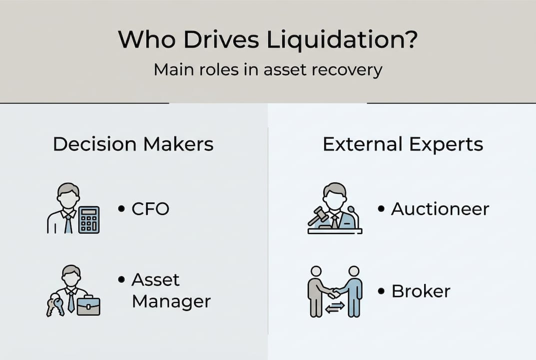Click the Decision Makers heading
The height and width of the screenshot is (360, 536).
[x=133, y=144]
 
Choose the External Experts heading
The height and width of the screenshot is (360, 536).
[x=403, y=144]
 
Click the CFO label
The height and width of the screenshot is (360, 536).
[x=150, y=208]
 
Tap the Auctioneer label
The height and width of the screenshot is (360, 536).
[x=440, y=208]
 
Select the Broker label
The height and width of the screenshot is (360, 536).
[x=421, y=290]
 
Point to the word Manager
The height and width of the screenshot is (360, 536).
[x=171, y=301]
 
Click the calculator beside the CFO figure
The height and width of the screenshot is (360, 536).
[x=89, y=219]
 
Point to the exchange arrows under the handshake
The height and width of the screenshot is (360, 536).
[x=334, y=308]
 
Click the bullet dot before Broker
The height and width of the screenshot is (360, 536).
[x=382, y=290]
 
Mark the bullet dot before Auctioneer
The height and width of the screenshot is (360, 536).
[x=382, y=208]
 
